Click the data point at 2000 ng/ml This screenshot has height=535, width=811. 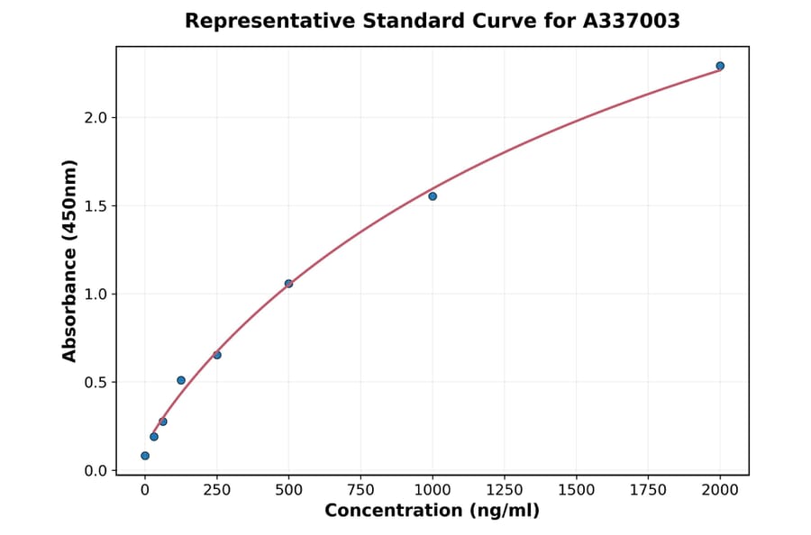point(720,66)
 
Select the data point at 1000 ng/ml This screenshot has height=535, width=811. point(433,196)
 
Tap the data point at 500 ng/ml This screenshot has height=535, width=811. point(288,284)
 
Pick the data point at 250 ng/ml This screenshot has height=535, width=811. point(217,355)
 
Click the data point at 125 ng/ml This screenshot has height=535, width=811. point(181,380)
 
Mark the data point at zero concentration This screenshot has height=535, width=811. point(145,456)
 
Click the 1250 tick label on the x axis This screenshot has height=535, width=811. point(505,490)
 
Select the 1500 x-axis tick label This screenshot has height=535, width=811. point(577,490)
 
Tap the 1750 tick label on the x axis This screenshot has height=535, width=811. point(648,490)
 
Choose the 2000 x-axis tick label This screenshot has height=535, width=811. point(720,490)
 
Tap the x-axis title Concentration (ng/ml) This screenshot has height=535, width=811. point(432,512)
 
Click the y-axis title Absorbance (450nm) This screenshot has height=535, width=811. point(70,260)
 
